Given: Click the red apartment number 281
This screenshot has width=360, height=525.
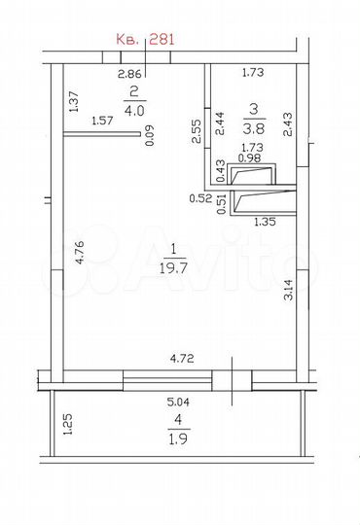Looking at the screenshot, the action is pyautogui.click(x=162, y=40).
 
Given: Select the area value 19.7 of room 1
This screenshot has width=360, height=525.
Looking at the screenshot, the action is pyautogui.click(x=173, y=268).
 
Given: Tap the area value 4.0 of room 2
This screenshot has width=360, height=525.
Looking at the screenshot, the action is pyautogui.click(x=134, y=110).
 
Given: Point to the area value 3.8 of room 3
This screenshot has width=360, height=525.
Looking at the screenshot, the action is pyautogui.click(x=254, y=128).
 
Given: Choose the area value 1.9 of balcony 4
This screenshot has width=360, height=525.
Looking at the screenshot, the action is pyautogui.click(x=178, y=438).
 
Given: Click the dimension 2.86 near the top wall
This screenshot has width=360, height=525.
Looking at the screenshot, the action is pyautogui.click(x=129, y=74).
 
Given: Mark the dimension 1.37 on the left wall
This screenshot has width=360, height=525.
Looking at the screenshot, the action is pyautogui.click(x=73, y=102).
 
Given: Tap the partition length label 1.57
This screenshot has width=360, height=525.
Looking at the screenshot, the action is pyautogui.click(x=102, y=121).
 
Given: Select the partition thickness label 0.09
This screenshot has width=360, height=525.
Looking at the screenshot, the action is pyautogui.click(x=150, y=135).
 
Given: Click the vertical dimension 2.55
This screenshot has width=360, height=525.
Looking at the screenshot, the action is pyautogui.click(x=197, y=131).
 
